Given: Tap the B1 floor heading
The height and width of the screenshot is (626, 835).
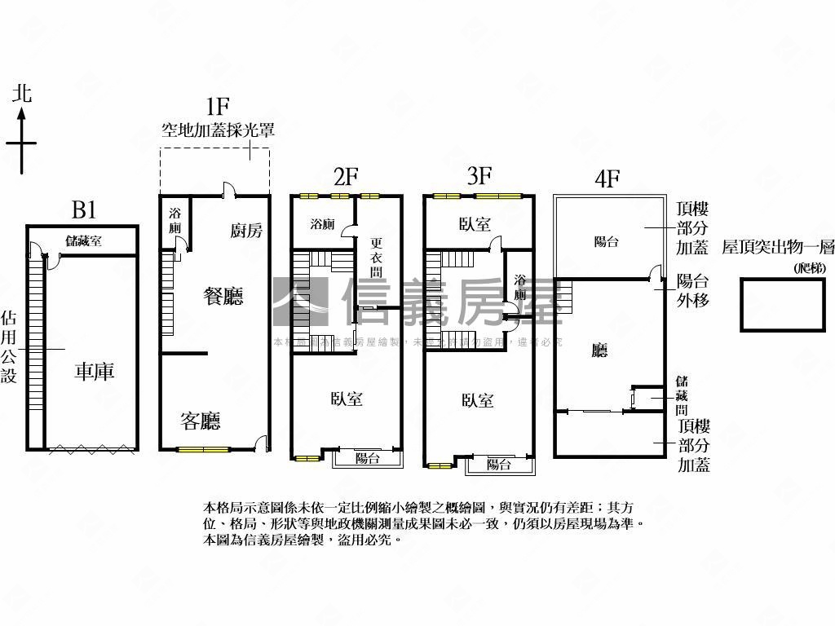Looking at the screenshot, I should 84,210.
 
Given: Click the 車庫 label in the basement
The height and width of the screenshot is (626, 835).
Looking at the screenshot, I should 95,373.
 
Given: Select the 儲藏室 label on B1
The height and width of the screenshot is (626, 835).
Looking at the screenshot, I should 84,240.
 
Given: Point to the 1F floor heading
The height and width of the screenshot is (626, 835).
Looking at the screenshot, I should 217,106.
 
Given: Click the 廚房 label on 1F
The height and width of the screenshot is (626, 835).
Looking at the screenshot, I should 246,231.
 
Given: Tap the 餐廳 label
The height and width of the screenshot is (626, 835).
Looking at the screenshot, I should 223,296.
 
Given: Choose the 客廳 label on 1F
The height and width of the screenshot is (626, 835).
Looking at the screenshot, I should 201,421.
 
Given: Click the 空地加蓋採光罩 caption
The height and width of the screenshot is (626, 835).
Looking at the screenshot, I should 217,130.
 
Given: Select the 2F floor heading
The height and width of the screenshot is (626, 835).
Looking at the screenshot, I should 346,177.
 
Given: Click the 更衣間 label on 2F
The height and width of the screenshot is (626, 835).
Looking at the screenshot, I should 376,257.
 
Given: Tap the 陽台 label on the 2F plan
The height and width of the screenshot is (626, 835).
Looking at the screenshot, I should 368,458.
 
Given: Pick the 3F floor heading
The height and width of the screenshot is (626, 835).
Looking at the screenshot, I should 479,175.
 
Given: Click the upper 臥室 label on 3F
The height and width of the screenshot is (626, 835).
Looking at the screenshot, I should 475,223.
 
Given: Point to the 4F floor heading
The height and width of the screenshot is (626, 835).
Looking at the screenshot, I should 607,179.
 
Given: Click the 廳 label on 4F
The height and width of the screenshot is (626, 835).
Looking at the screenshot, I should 600,350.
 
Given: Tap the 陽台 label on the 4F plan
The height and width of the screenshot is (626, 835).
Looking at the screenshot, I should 606,241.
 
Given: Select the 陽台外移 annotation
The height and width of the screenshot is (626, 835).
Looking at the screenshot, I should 693,291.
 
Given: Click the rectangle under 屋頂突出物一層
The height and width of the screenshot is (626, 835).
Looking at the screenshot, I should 781,305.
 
